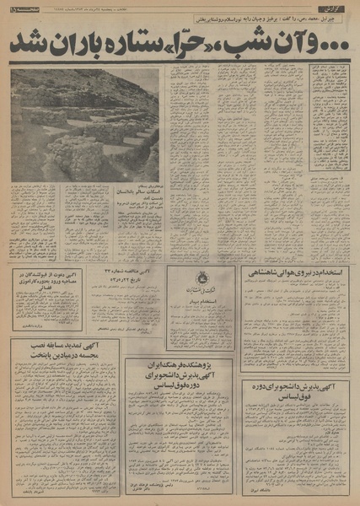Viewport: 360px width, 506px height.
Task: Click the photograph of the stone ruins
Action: pos(83,123)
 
